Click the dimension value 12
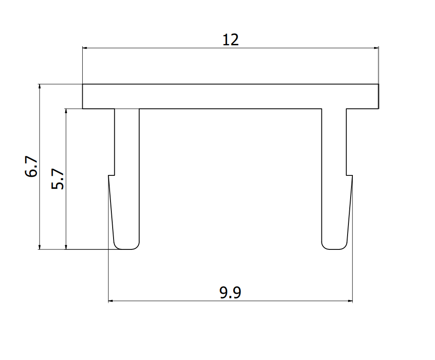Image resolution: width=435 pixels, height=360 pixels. pos(231,40)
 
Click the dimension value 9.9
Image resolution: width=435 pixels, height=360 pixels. pos(230,293)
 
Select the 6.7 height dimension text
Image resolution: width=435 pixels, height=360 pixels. pos(32,167)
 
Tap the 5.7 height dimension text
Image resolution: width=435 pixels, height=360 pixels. pos(58,179)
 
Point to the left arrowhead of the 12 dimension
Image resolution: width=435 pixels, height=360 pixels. pos(86,48)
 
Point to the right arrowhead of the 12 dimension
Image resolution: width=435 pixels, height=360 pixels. pos(375,48)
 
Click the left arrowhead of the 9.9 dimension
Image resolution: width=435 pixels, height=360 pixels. pos(111,300)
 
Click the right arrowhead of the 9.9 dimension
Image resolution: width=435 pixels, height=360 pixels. pos(349,300)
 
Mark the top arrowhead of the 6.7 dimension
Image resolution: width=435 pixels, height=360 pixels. pos(40,87)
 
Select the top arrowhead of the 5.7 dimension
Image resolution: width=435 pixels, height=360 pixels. pos(66,112)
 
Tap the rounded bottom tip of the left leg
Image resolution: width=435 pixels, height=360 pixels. pos(127,248)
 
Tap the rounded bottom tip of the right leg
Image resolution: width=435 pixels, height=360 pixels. pos(334,248)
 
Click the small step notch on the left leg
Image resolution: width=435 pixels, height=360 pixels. pos(112,175)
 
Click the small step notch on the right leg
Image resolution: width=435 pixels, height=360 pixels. pos(349,175)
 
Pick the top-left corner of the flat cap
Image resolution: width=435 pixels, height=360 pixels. pos(83,84)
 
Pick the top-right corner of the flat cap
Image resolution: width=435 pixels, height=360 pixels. pos(378,84)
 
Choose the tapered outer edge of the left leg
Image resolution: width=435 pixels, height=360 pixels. pos(111,209)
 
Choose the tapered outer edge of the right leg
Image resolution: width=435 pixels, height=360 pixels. pos(350,209)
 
